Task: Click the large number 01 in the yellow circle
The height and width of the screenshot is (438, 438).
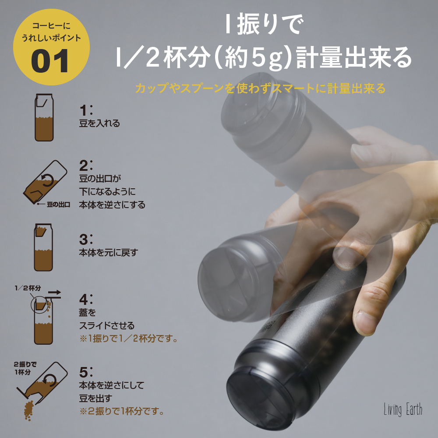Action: point(50,61)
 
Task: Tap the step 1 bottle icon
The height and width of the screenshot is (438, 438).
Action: point(44,117)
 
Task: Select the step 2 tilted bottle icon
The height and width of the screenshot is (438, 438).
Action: point(45,182)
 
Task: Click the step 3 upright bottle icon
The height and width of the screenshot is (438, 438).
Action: point(43,247)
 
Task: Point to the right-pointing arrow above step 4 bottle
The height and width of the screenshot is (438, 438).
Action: point(54,293)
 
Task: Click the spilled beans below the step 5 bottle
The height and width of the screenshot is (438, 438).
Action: point(29,411)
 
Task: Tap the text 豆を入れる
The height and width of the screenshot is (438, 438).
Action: point(99,123)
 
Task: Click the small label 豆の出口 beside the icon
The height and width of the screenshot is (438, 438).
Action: point(58,205)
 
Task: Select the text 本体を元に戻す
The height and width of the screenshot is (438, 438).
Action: point(109,253)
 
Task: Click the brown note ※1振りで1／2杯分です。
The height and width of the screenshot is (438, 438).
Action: point(129,339)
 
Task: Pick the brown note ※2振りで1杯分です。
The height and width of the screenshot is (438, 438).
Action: point(122,411)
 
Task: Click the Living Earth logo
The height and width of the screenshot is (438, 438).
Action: point(403,410)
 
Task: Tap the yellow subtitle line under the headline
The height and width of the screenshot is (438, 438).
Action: point(260,88)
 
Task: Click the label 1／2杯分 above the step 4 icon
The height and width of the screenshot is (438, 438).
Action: point(28,288)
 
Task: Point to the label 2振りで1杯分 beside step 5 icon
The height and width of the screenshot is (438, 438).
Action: point(25,368)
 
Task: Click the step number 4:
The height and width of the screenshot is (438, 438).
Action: point(86,299)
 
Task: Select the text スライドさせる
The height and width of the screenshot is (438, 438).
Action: point(107,326)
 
